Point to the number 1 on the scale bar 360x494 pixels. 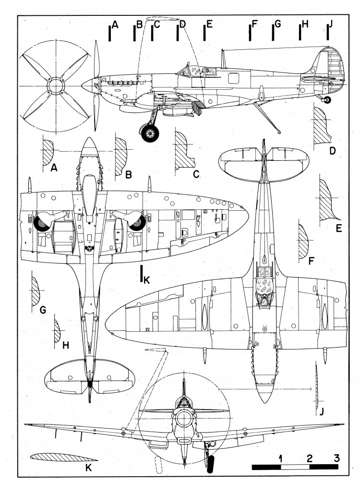click(280, 457)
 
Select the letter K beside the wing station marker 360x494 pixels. click(147, 280)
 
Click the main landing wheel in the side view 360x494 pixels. click(150, 132)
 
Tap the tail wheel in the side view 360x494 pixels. click(328, 100)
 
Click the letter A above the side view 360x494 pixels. click(114, 24)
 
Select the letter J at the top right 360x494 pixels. click(330, 24)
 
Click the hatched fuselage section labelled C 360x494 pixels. click(182, 147)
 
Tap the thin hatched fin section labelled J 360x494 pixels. click(317, 384)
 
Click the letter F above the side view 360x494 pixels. click(254, 24)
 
